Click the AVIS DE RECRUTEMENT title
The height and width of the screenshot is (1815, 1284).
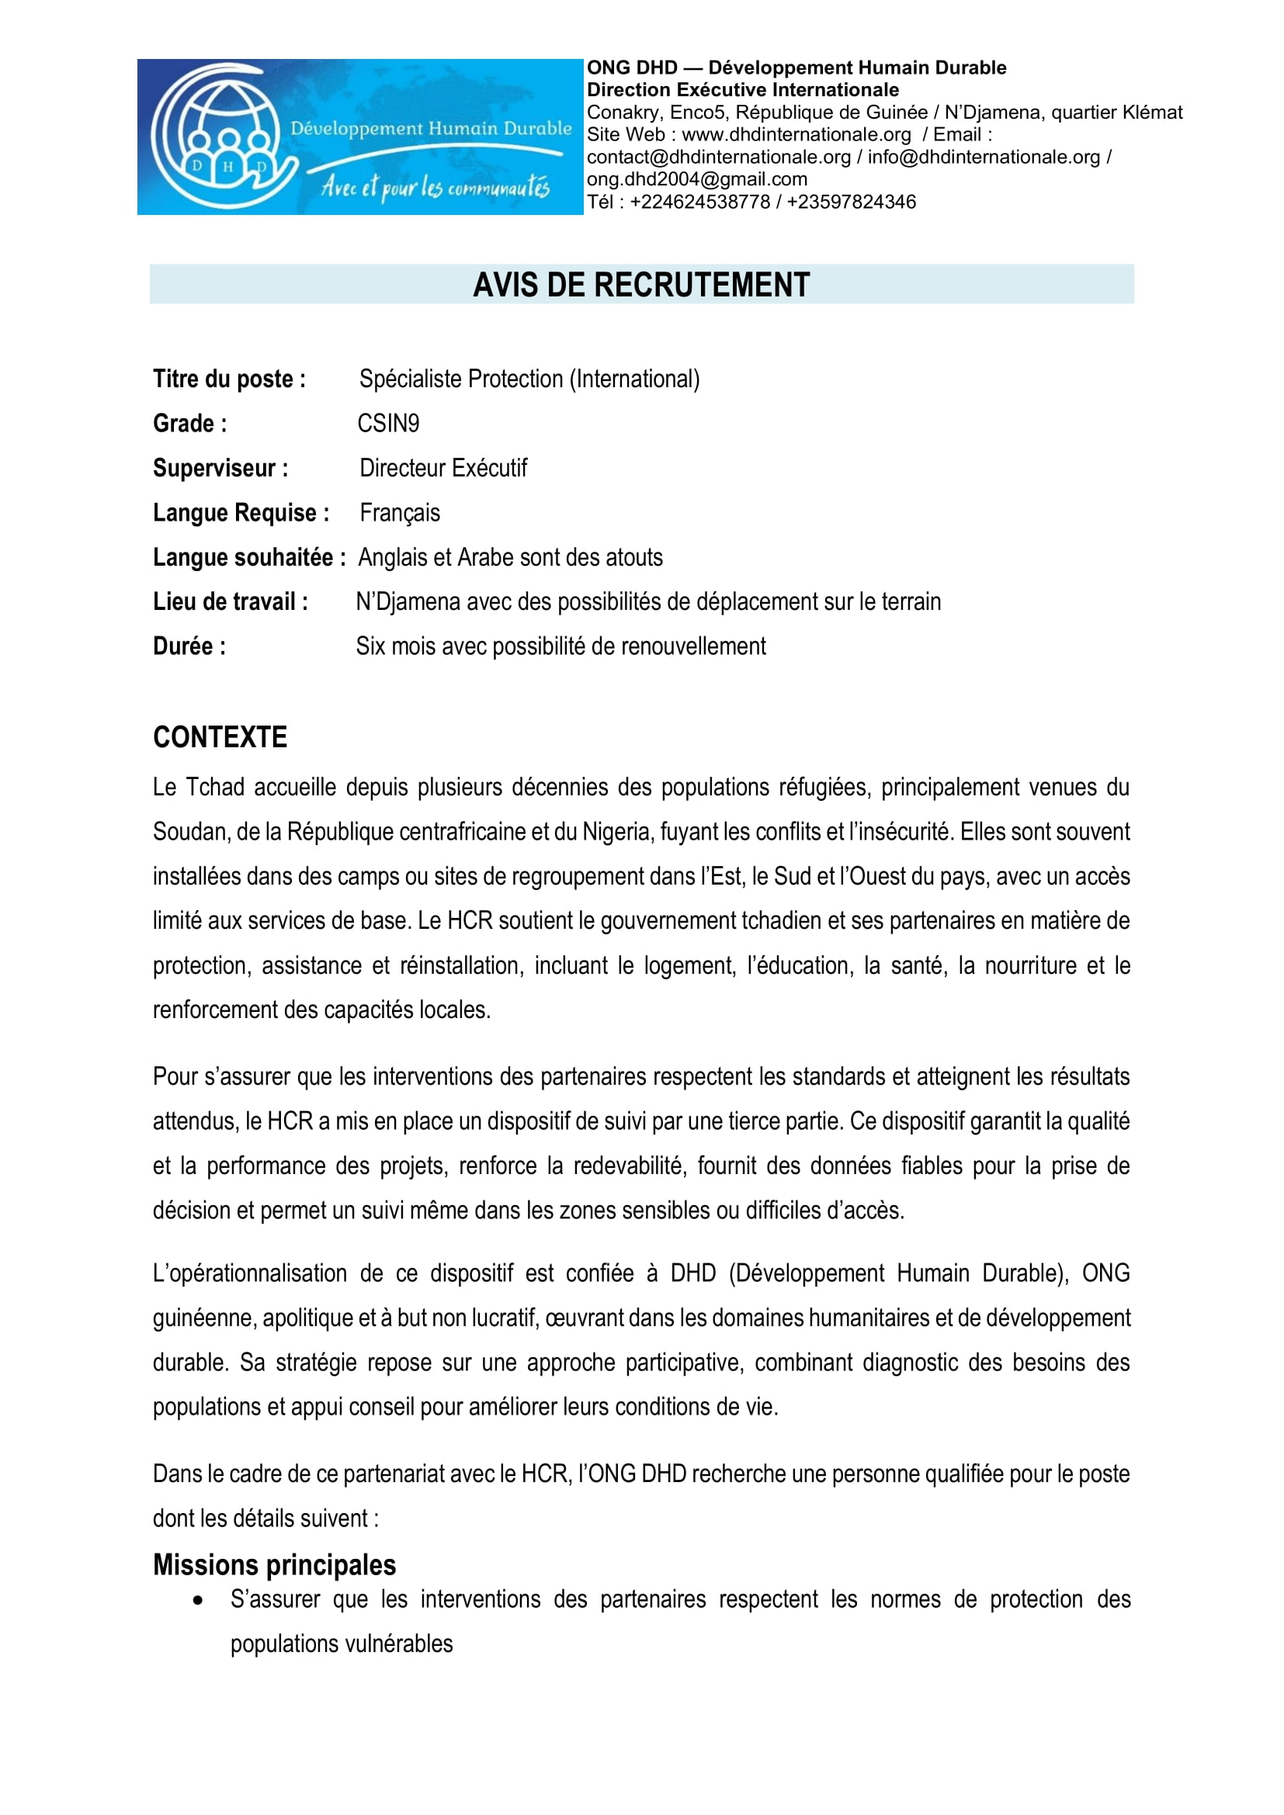[x=641, y=285]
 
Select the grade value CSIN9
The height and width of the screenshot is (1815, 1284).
[x=388, y=424]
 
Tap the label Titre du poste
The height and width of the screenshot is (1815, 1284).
[x=229, y=379]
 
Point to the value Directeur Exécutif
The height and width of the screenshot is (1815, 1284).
[x=442, y=468]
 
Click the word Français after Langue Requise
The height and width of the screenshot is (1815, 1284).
[x=399, y=513]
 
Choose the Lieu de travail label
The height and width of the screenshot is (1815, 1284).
[x=230, y=601]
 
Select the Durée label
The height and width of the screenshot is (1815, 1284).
[x=189, y=646]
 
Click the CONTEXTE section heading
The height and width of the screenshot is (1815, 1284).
[x=220, y=737]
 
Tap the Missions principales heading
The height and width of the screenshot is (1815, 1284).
[x=274, y=1564]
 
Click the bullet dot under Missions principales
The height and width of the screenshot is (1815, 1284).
[x=198, y=1601]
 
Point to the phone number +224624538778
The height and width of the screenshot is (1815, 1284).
[x=699, y=203]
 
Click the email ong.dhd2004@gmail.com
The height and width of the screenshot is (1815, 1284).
[x=696, y=179]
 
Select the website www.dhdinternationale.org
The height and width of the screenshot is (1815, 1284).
[x=796, y=135]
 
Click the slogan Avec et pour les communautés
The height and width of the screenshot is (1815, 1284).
[x=435, y=187]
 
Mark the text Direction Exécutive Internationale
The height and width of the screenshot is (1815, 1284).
[x=742, y=90]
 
